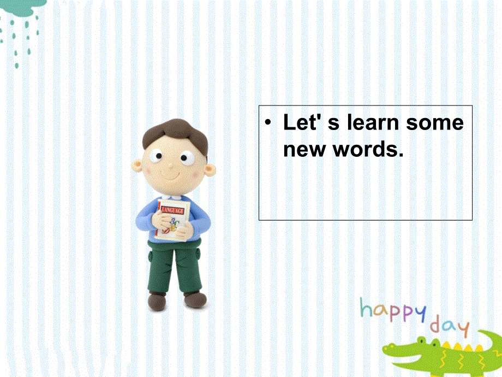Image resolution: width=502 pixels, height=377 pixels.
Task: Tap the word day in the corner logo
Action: coord(450,327)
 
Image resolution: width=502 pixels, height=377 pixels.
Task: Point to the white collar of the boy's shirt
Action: coord(172,198)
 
